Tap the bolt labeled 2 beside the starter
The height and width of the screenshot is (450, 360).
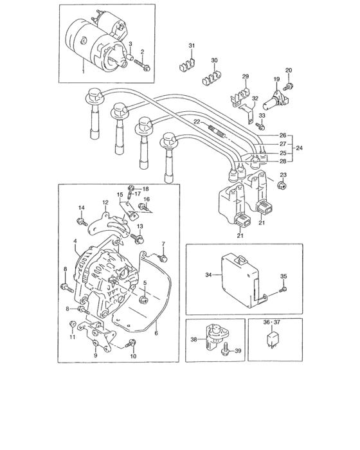point(147,67)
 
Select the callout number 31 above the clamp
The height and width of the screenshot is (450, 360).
point(191,44)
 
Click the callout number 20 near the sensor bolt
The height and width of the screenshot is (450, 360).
point(289,70)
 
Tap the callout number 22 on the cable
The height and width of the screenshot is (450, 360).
point(197,122)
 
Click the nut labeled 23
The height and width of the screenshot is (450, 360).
point(281,186)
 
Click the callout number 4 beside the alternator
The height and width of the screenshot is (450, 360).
point(75,242)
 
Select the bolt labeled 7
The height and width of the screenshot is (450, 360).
point(163,258)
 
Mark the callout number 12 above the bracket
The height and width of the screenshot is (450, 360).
point(105,202)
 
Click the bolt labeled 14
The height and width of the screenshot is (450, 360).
point(82,222)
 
